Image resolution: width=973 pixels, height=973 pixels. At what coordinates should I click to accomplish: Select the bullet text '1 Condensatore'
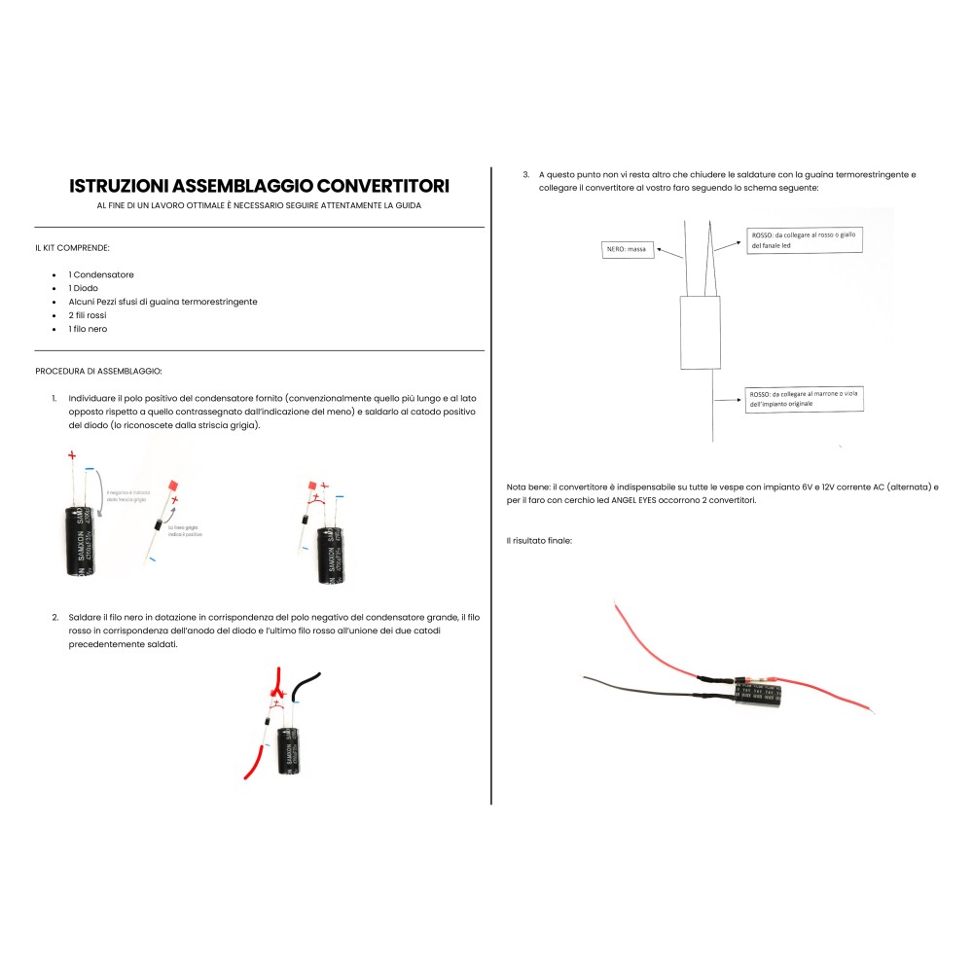coord(101,275)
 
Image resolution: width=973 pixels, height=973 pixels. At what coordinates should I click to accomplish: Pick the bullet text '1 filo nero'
coord(88,329)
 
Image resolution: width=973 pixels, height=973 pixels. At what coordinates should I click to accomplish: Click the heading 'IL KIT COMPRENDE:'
coord(72,248)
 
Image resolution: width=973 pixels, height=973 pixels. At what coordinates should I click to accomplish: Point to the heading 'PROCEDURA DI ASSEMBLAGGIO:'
coord(99,371)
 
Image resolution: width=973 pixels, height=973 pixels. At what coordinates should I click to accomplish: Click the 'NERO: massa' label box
coord(626,249)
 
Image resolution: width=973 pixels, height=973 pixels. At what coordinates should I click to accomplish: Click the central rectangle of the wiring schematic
coord(700,333)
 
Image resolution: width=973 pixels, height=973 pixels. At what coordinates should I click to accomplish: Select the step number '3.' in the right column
coord(526,174)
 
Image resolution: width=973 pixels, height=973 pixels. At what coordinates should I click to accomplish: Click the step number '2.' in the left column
coord(55,617)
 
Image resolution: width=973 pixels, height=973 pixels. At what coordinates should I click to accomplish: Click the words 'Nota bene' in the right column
coord(526,486)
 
